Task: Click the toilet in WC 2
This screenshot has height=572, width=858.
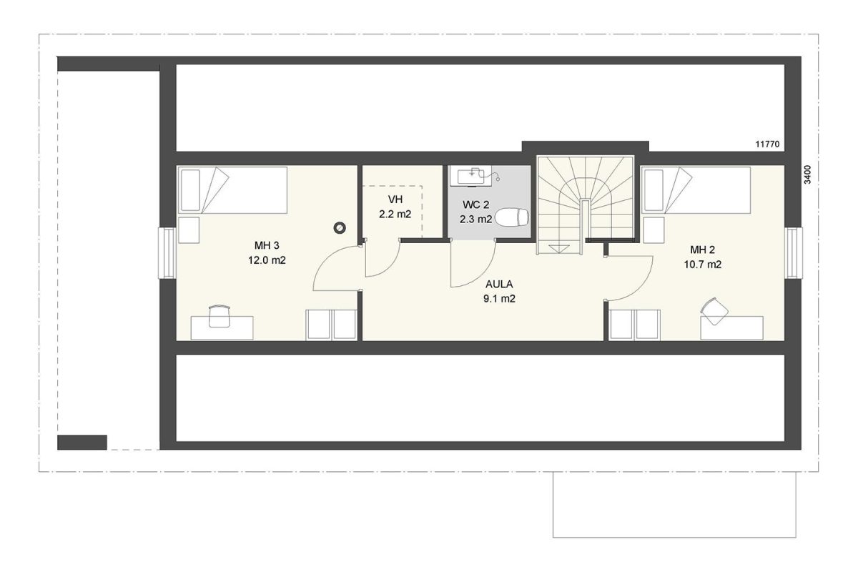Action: pyautogui.click(x=512, y=217)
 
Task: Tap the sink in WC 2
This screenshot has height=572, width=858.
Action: pyautogui.click(x=470, y=175)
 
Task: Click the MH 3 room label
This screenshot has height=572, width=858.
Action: pyautogui.click(x=267, y=245)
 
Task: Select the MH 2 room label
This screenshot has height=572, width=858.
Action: pyautogui.click(x=702, y=250)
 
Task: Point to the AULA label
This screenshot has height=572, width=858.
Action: pyautogui.click(x=499, y=285)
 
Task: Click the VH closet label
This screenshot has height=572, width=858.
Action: pyautogui.click(x=395, y=199)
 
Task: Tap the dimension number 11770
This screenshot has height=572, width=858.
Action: pyautogui.click(x=767, y=144)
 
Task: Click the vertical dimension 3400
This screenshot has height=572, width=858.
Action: pyautogui.click(x=807, y=174)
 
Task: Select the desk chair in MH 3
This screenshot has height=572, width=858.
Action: pyautogui.click(x=219, y=316)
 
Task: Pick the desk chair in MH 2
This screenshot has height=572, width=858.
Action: pyautogui.click(x=714, y=311)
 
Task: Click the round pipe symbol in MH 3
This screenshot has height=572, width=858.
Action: pyautogui.click(x=340, y=228)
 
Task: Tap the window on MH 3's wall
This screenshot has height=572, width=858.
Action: pyautogui.click(x=167, y=253)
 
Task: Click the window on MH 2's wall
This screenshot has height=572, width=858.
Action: pyautogui.click(x=793, y=253)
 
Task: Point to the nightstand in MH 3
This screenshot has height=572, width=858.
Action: pyautogui.click(x=189, y=230)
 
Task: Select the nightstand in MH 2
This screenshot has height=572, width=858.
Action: pyautogui.click(x=654, y=230)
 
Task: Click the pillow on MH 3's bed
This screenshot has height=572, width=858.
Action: pyautogui.click(x=190, y=190)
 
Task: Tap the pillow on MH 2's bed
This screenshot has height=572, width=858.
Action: pyautogui.click(x=654, y=190)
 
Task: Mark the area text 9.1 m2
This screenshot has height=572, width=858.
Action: pyautogui.click(x=499, y=299)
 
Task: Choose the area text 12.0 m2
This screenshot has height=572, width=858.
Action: pyautogui.click(x=267, y=260)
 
